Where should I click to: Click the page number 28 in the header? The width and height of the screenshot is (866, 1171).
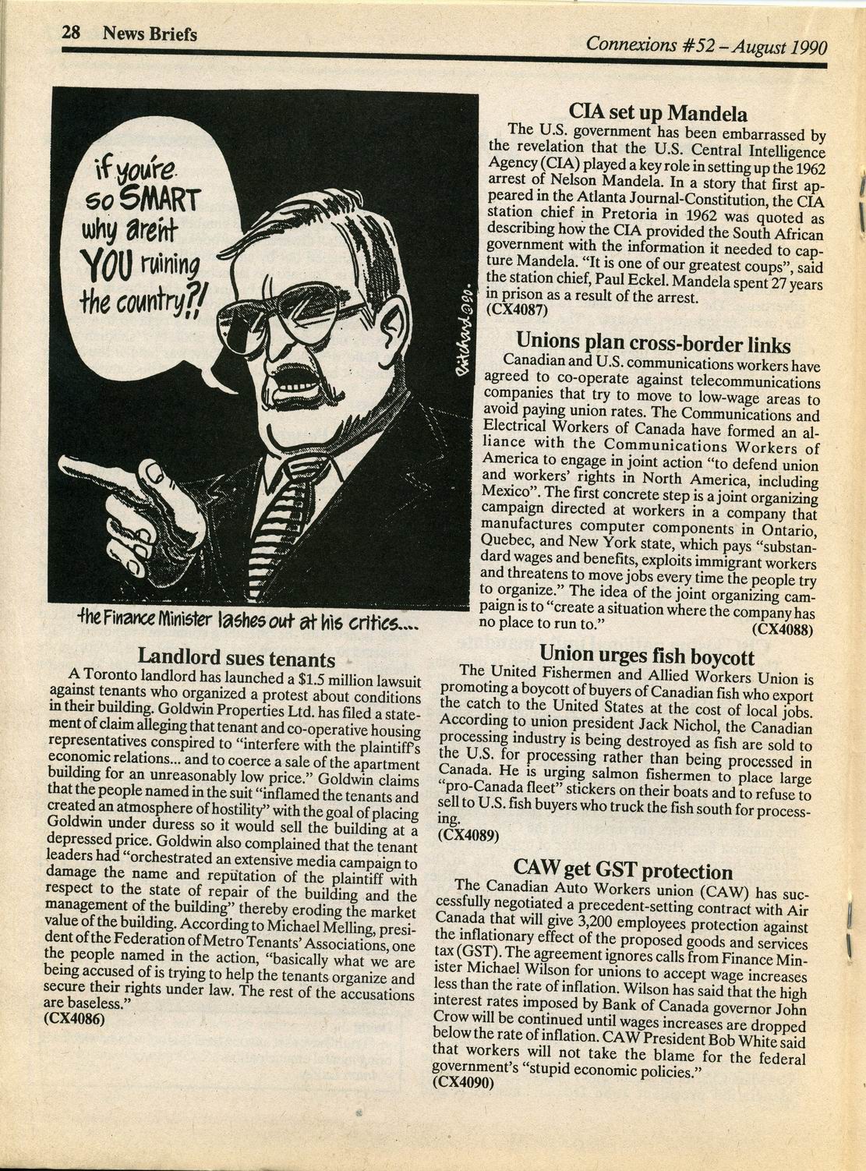tap(72, 34)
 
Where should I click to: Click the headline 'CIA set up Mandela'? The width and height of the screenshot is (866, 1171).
tap(658, 112)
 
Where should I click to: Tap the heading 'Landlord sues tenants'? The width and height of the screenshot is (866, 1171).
tap(236, 656)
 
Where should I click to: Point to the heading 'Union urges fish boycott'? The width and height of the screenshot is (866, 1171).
tap(646, 653)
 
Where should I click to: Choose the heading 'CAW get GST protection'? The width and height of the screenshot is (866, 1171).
tap(623, 870)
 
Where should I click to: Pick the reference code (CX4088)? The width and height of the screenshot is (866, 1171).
tap(783, 628)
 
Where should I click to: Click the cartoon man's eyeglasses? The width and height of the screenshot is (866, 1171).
tap(312, 315)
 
